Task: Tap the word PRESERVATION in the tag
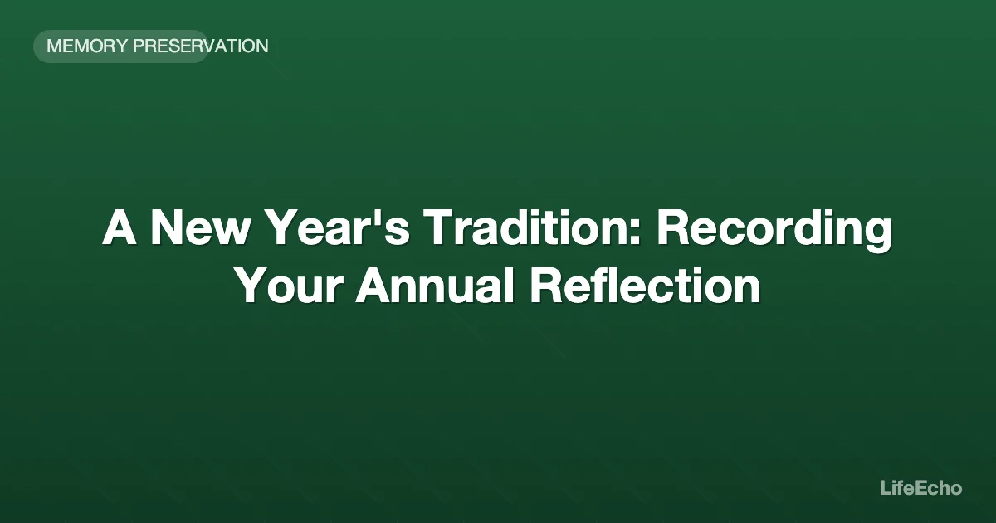point(200,46)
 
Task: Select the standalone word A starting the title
point(120,228)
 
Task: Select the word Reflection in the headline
point(645,286)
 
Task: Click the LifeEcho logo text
point(920,488)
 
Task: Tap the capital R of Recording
point(672,228)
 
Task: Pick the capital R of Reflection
point(546,286)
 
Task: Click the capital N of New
point(166,228)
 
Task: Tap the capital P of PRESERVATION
point(139,46)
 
